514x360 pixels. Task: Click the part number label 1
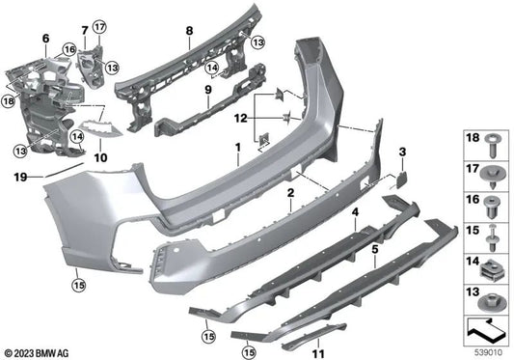click(x=234, y=152)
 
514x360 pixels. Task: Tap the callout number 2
click(x=290, y=193)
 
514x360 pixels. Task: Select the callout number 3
click(x=403, y=152)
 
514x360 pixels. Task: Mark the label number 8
click(x=190, y=31)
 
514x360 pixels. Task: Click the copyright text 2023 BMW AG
click(x=37, y=351)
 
